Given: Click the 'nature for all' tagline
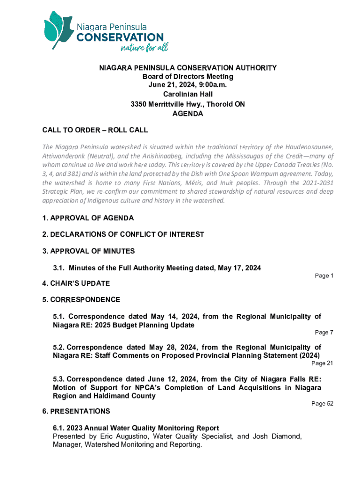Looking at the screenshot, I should coord(144,48).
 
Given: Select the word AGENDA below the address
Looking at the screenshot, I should coord(187,113).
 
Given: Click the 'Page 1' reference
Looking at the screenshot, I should coord(324,276).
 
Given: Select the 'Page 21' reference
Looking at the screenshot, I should coord(322,363).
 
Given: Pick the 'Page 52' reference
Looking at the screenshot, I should coord(322,404).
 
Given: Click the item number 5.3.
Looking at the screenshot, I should coord(59,379).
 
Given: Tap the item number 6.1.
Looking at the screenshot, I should coord(59,428).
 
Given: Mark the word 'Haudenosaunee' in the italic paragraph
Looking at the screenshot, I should coord(310,148).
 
